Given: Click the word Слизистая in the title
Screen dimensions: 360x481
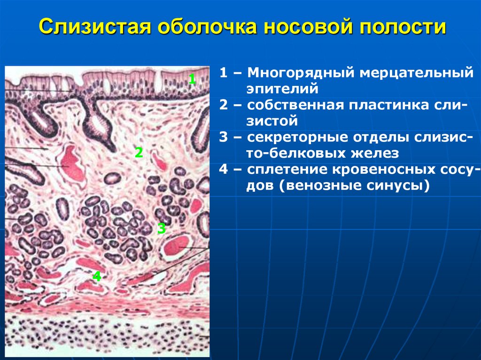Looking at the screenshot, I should [94, 28].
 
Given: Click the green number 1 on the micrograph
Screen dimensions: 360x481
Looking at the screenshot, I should [192, 79].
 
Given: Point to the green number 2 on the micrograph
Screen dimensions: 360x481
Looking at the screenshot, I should [138, 152].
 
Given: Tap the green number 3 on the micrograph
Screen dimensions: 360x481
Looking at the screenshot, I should [162, 229].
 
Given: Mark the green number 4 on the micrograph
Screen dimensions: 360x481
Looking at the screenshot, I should [97, 276].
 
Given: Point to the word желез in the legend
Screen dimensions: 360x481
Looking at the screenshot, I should [375, 153].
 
